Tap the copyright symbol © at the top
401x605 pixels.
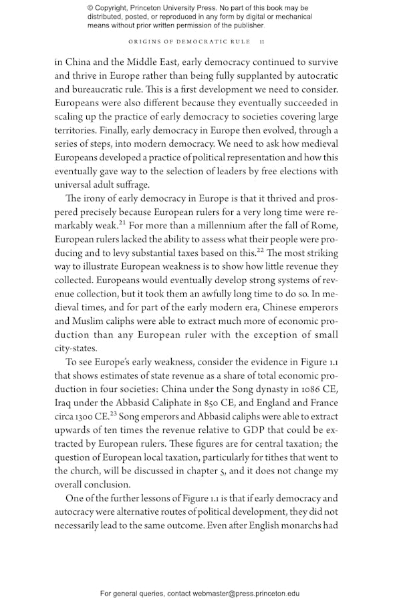tap(90, 7)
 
